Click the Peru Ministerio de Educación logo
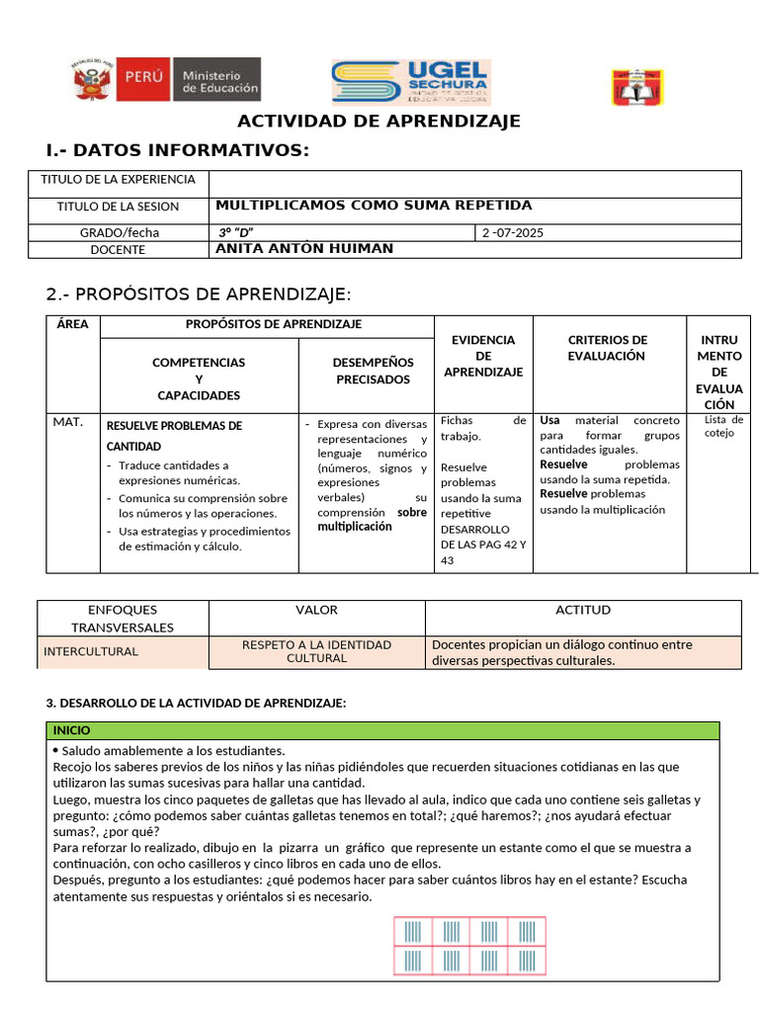[165, 79]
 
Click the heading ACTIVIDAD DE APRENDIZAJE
[379, 122]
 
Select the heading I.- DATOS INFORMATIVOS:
[178, 150]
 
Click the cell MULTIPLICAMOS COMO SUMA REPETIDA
[374, 206]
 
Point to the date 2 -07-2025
[513, 233]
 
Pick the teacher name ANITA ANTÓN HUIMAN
[304, 249]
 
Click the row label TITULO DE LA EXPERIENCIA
[118, 180]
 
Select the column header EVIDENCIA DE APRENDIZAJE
[483, 356]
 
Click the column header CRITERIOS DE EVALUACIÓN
[607, 348]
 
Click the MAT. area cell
[68, 423]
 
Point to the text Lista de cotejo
[723, 426]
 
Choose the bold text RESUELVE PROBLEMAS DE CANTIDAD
[174, 436]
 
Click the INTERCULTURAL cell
[90, 652]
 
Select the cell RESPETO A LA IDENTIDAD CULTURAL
[316, 651]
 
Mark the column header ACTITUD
[583, 611]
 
